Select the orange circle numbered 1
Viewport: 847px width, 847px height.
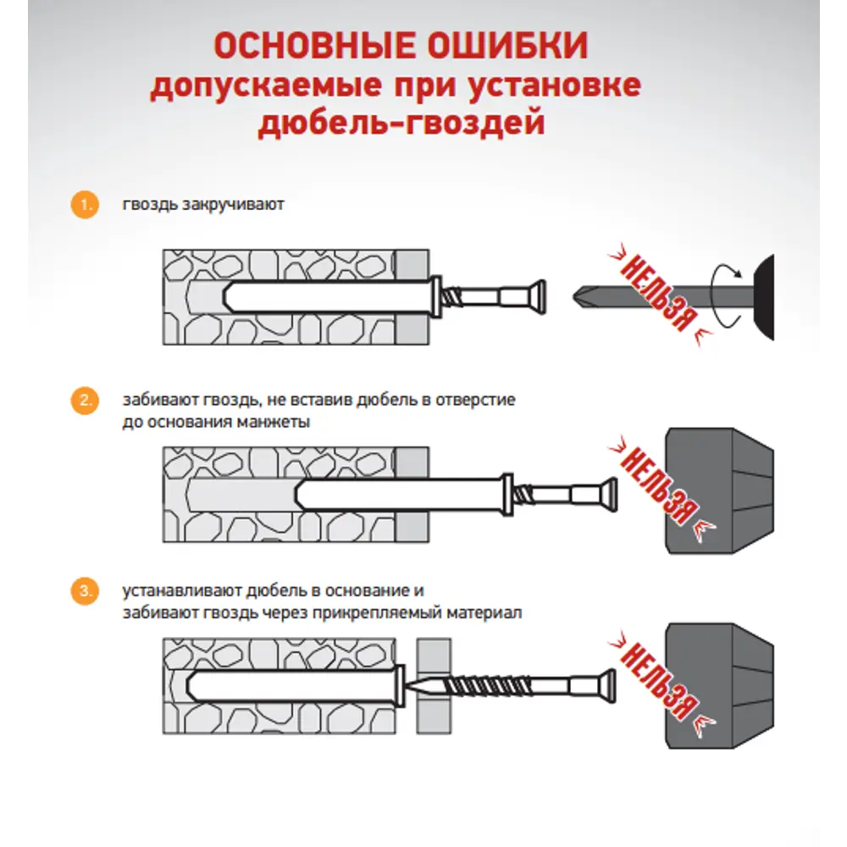coord(82,205)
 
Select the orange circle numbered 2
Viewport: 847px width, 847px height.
coord(82,401)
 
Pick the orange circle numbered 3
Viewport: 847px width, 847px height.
coord(82,591)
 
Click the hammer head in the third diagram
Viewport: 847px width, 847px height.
coord(720,685)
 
